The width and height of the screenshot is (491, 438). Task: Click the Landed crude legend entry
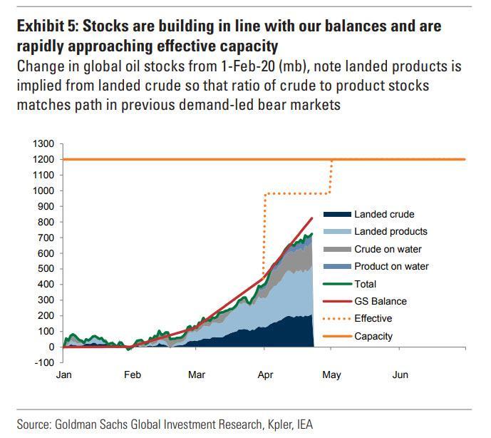(x=384, y=214)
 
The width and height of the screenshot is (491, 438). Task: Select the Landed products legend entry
(x=391, y=232)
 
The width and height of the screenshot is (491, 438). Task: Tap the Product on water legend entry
(x=391, y=266)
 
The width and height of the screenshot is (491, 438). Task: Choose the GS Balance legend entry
(x=381, y=301)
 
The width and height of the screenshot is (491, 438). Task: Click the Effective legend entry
(x=373, y=319)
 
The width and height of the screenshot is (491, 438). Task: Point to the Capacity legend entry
(x=374, y=336)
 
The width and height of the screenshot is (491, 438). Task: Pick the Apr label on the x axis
(x=265, y=375)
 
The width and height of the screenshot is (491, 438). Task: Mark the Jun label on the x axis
(x=400, y=375)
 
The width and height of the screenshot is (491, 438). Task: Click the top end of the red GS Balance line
(x=312, y=218)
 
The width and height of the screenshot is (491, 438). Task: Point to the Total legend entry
(x=366, y=284)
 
